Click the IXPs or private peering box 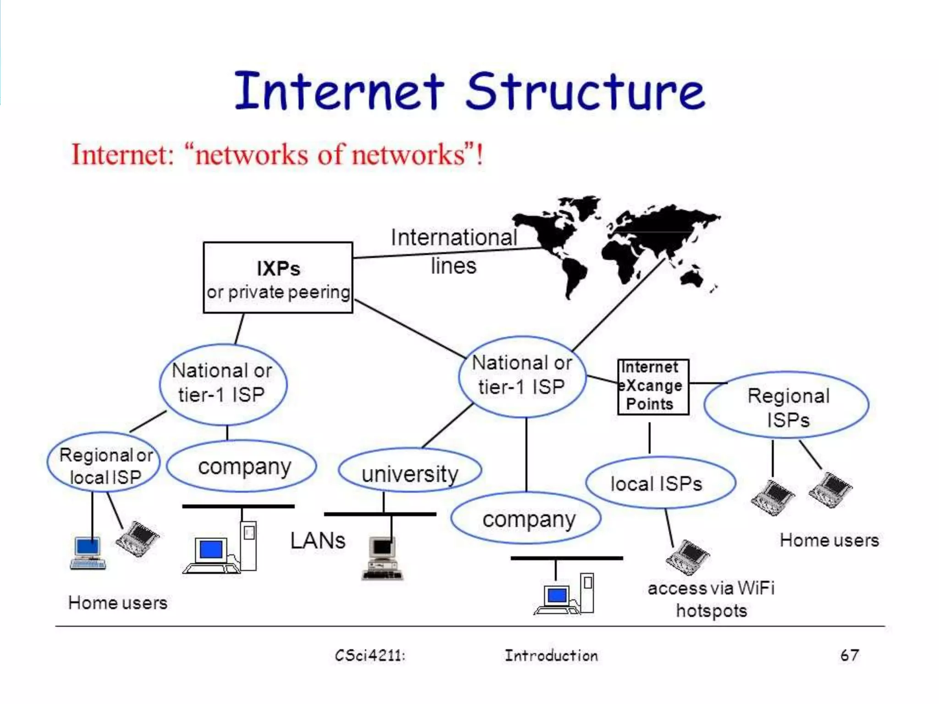click(x=278, y=278)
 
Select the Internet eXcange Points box click(x=653, y=387)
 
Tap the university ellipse click(x=410, y=471)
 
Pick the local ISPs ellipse click(x=660, y=483)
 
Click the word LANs click(x=317, y=541)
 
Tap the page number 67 click(x=849, y=655)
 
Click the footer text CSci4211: click(x=370, y=655)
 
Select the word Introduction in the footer click(x=551, y=655)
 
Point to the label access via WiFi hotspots click(x=711, y=599)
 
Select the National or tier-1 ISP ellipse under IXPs click(x=223, y=383)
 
